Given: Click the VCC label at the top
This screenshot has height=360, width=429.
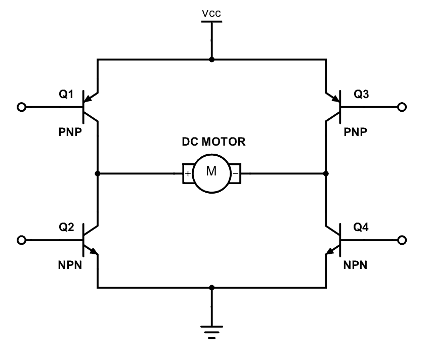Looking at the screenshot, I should pos(211,14).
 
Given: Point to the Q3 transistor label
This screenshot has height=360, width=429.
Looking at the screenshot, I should pos(360,94).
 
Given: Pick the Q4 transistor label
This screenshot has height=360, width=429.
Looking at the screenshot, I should pos(360,227).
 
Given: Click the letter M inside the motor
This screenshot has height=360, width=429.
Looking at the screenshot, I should pos(211,172).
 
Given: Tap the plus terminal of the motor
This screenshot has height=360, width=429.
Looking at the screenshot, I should pos(188,174).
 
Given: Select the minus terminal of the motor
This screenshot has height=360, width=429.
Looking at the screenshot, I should pos(236,174).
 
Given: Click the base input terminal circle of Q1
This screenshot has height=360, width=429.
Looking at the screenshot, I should pos(21,107).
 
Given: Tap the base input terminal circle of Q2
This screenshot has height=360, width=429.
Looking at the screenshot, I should pos(21,240).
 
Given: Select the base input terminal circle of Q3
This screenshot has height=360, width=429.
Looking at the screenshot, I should pos(403,107).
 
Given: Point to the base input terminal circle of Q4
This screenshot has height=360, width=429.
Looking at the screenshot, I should pos(403,240).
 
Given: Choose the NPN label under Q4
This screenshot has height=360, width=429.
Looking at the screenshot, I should pos(356,264).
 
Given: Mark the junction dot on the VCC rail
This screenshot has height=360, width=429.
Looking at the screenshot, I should pos(211,60).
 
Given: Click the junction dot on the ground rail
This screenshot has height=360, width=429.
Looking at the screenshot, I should pos(211,288).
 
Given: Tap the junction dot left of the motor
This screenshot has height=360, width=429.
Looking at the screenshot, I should pos(97,173).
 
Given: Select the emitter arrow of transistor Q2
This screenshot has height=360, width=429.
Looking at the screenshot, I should pos(93,250).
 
